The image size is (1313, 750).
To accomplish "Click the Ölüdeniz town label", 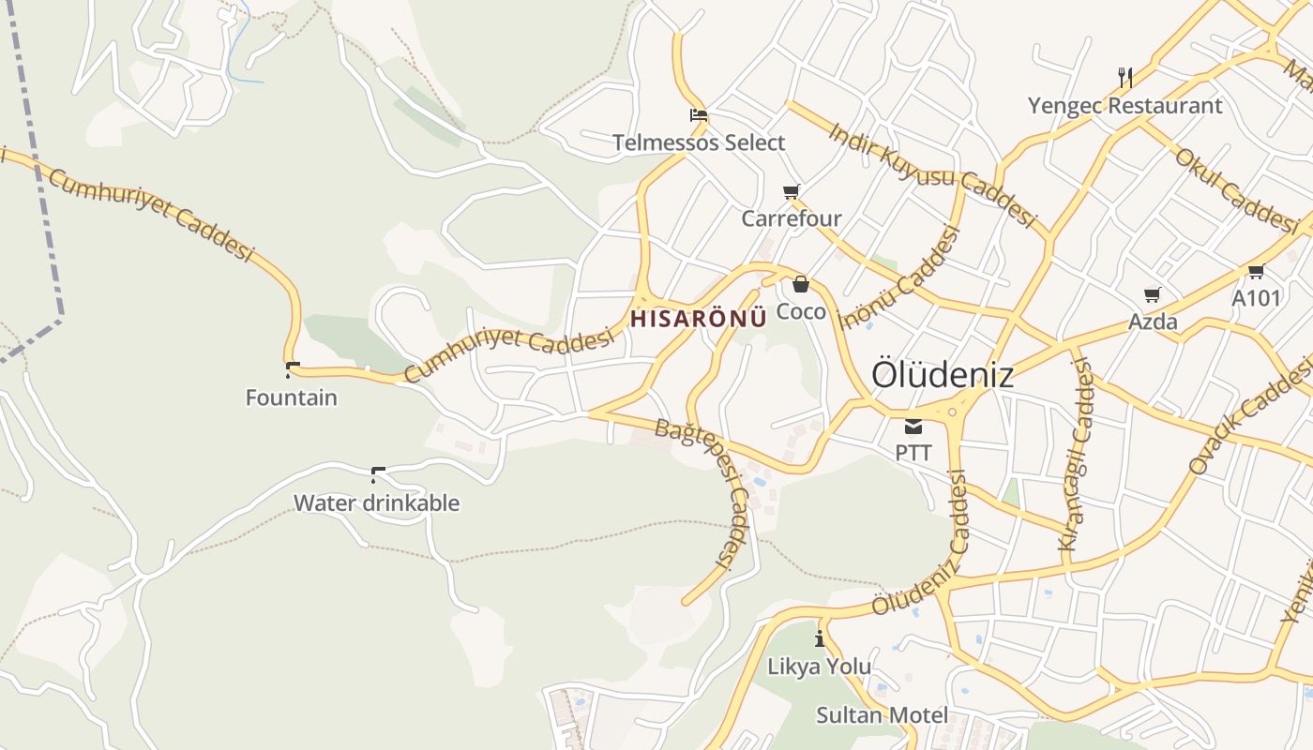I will pyautogui.click(x=943, y=374).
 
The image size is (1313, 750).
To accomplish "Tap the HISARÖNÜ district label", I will pyautogui.click(x=699, y=319).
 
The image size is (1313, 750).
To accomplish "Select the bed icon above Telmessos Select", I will pyautogui.click(x=699, y=116).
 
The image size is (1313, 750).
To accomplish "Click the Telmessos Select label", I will pyautogui.click(x=699, y=142).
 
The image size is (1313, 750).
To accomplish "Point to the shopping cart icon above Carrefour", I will pyautogui.click(x=792, y=192).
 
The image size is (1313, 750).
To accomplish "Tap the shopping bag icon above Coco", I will pyautogui.click(x=801, y=284).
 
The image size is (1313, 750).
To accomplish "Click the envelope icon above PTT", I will pyautogui.click(x=913, y=427).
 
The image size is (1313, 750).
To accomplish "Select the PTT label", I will pyautogui.click(x=913, y=453).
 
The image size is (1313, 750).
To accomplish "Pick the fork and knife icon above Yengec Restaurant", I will pyautogui.click(x=1125, y=77).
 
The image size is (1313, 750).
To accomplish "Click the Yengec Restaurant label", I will pyautogui.click(x=1125, y=105).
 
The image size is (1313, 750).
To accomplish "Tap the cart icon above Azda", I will pyautogui.click(x=1153, y=294).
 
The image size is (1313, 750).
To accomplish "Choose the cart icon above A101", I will pyautogui.click(x=1256, y=272).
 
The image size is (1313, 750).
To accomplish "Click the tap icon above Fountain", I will pyautogui.click(x=292, y=369).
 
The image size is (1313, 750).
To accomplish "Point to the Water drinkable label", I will pyautogui.click(x=377, y=502).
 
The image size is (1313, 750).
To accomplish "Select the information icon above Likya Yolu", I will pyautogui.click(x=820, y=639).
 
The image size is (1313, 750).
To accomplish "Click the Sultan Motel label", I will pyautogui.click(x=882, y=715).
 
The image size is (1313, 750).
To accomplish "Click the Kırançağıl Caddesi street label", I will pyautogui.click(x=1076, y=456).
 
